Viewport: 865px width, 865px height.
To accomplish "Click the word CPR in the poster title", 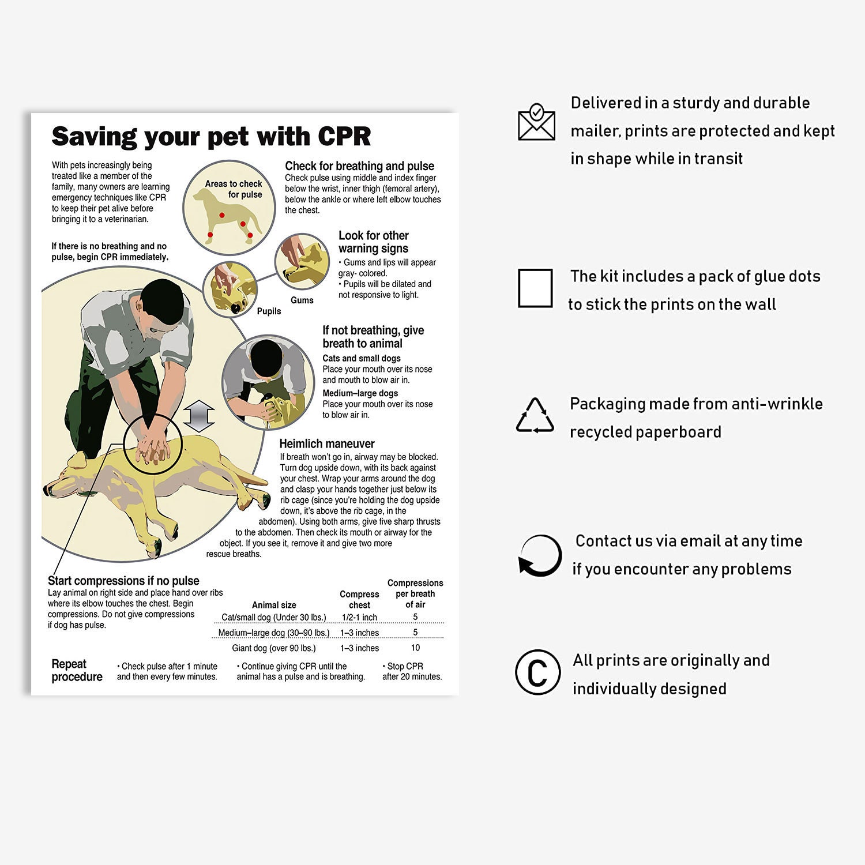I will [344, 137].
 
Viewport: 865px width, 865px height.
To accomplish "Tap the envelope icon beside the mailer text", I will [536, 122].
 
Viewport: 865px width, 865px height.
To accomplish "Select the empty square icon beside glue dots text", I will [535, 288].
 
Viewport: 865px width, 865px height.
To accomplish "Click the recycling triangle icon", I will [535, 416].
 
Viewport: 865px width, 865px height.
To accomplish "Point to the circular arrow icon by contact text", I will [540, 556].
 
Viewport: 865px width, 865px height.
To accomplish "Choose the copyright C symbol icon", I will [537, 672].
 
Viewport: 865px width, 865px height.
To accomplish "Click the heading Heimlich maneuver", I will [327, 443].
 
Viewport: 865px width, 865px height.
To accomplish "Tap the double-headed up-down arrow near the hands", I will [199, 416].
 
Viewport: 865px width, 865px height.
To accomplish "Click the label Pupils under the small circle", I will [269, 311].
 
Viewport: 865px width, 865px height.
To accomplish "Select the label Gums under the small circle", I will [302, 300].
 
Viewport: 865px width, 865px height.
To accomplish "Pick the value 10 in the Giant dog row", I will [415, 648].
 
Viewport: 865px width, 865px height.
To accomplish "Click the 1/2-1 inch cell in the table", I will [359, 618].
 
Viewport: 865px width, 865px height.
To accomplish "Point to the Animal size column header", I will [274, 605].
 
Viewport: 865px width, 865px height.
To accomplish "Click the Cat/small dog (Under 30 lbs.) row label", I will [274, 618].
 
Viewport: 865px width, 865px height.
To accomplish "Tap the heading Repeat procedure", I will [77, 671].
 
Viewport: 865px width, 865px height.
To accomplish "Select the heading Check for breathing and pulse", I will [359, 166].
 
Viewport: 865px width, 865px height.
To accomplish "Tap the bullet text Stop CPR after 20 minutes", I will [412, 671].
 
